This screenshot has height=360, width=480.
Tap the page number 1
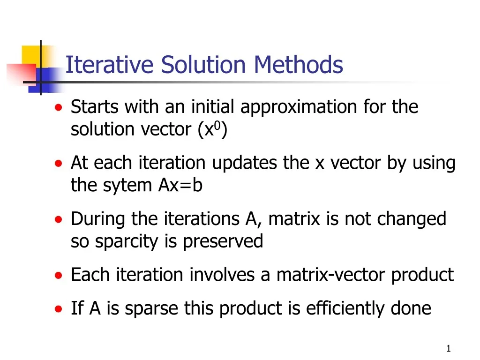pyautogui.click(x=449, y=348)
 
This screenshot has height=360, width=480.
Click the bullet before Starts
pyautogui.click(x=58, y=107)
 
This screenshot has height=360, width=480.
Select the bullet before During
pyautogui.click(x=58, y=219)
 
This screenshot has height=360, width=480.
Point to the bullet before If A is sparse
pyautogui.click(x=58, y=309)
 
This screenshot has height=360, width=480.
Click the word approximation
pyautogui.click(x=300, y=107)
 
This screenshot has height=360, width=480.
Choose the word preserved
pyautogui.click(x=223, y=241)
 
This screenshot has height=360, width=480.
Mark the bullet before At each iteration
pyautogui.click(x=58, y=164)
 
